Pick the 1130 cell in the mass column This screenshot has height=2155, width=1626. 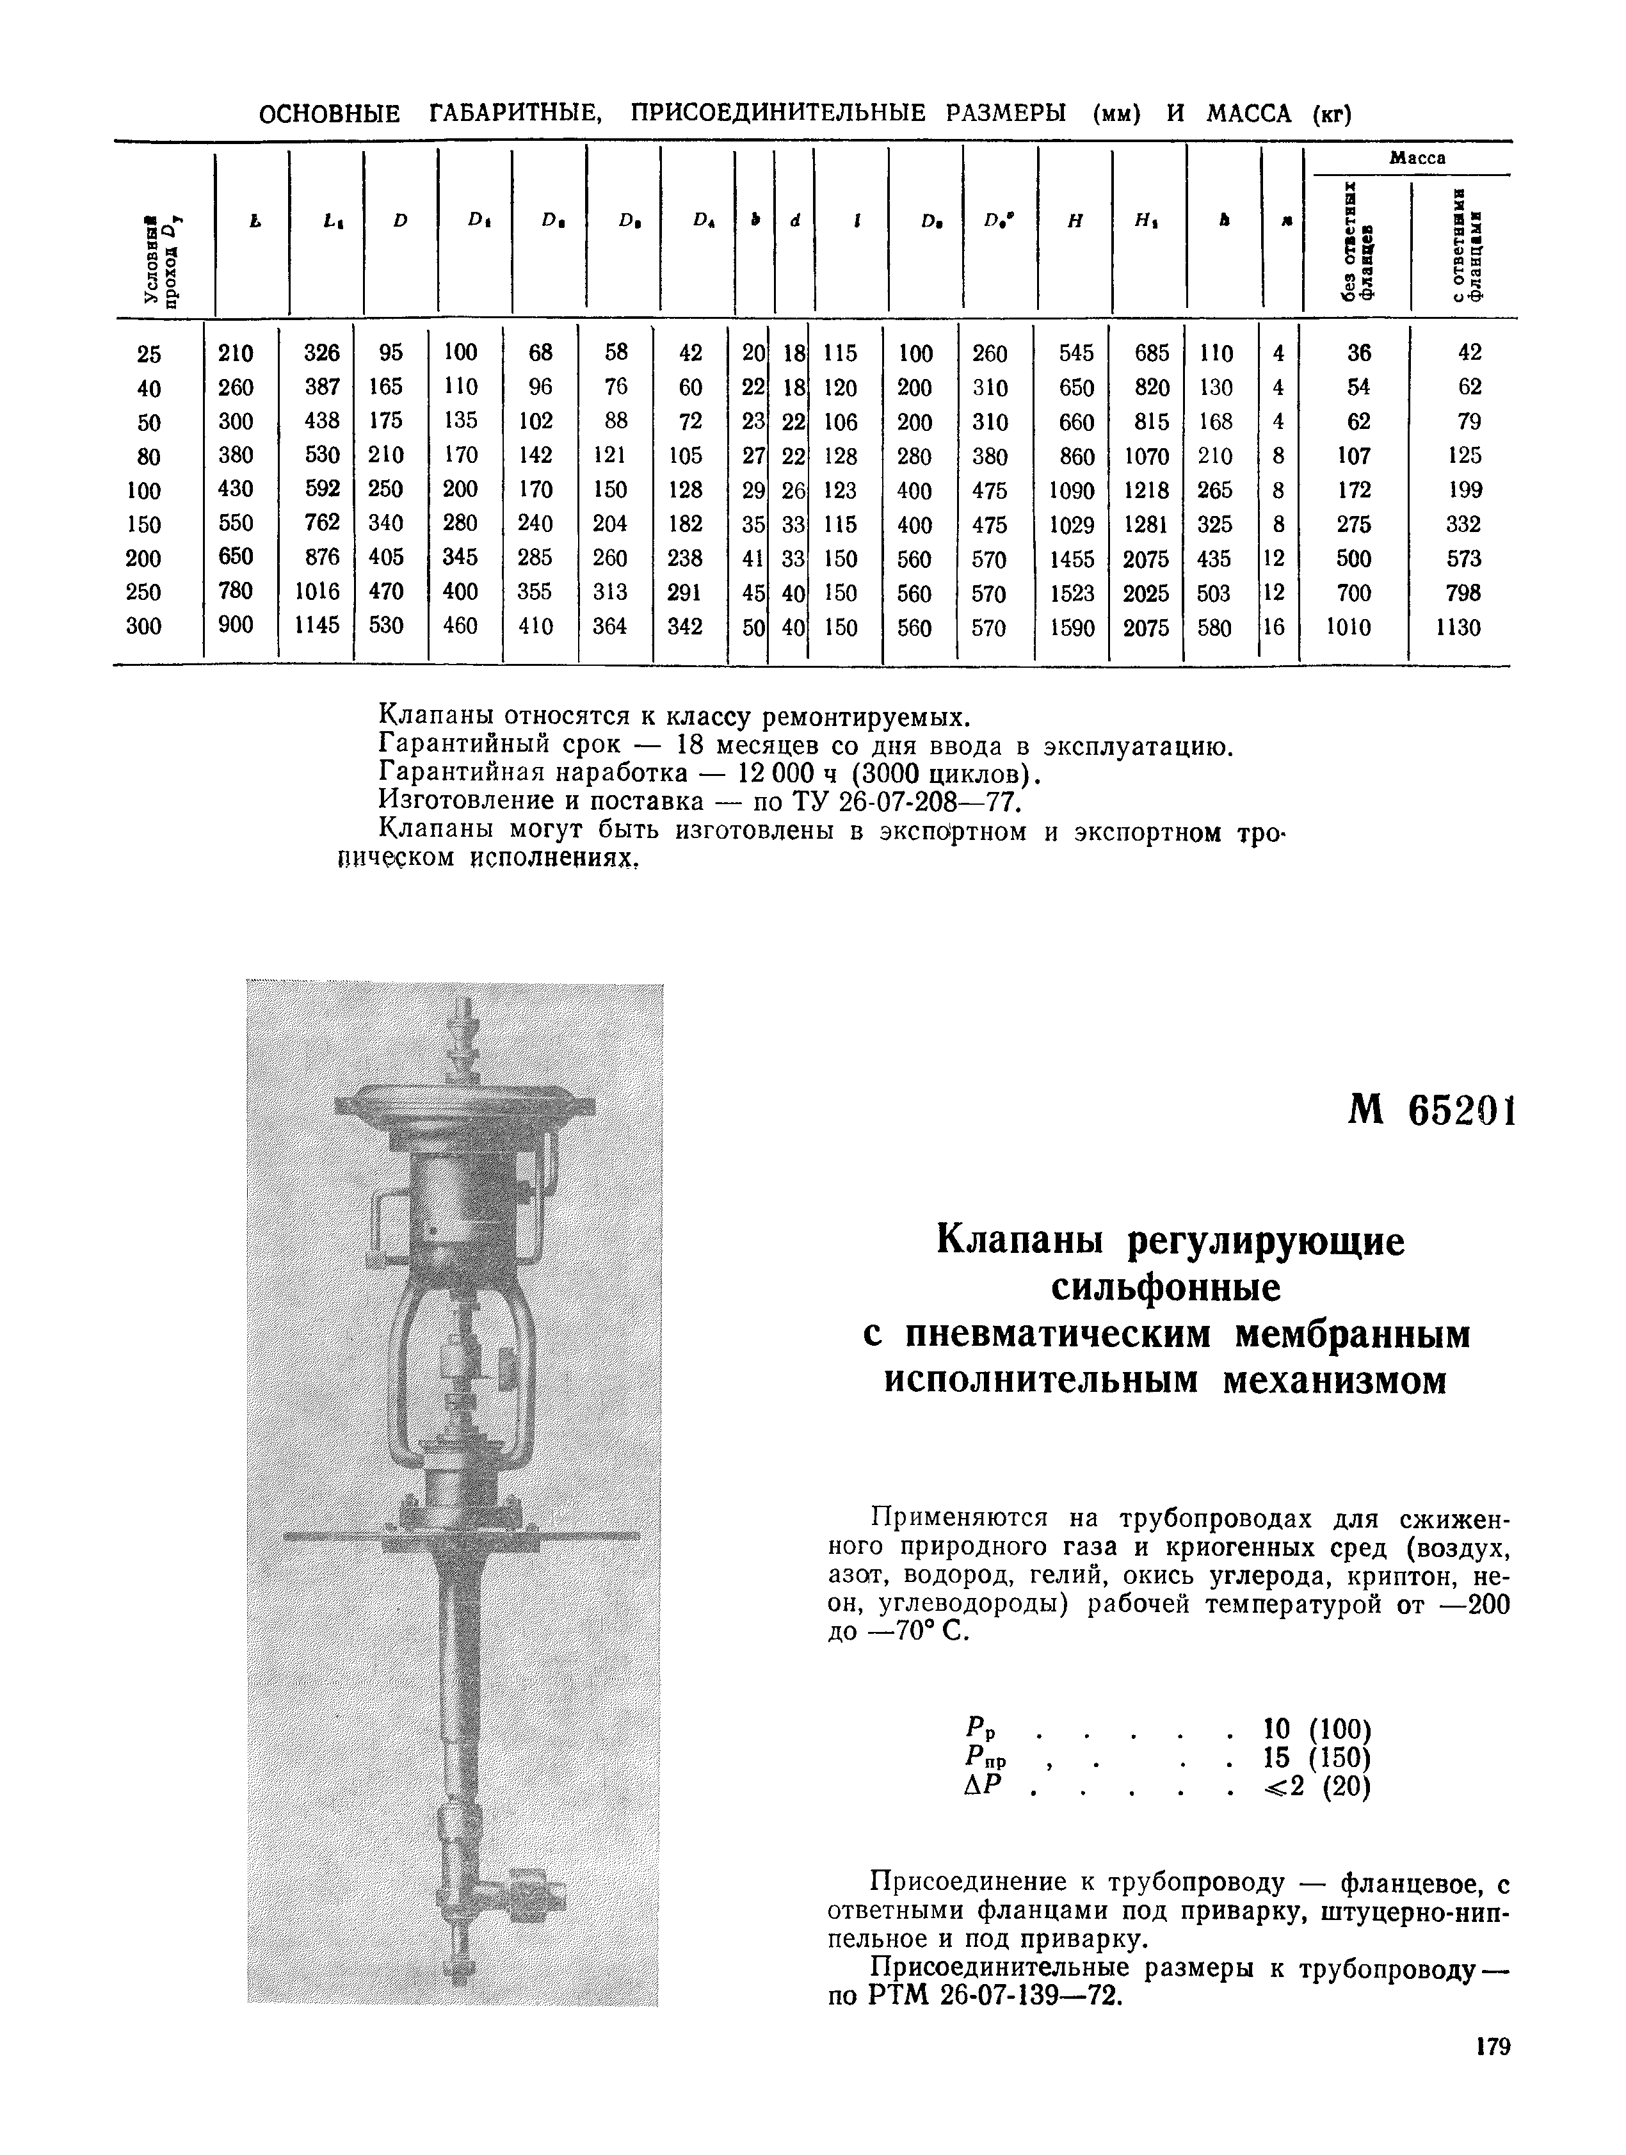tap(1458, 627)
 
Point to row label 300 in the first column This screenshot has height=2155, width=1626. tap(144, 626)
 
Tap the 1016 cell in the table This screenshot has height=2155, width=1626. tap(317, 592)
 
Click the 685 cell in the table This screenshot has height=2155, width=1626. tap(1152, 353)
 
